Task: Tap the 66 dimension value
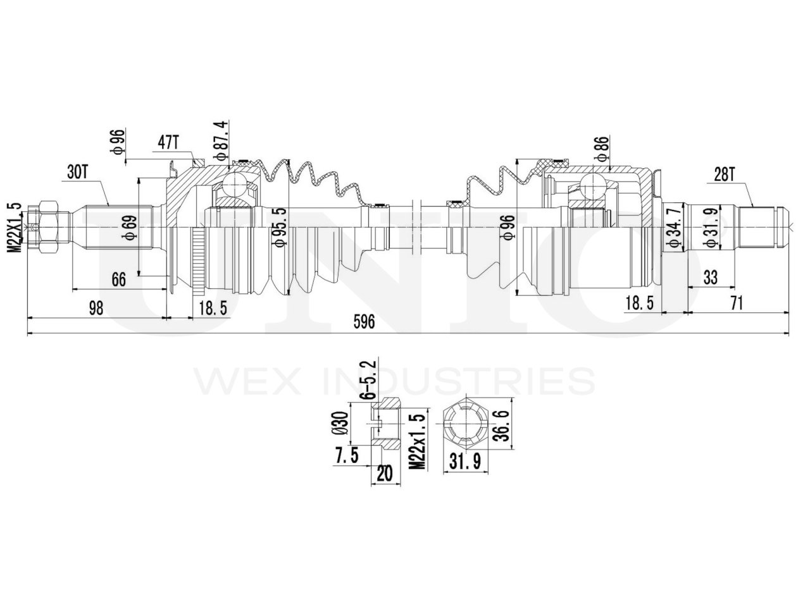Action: pyautogui.click(x=119, y=279)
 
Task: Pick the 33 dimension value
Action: pyautogui.click(x=710, y=278)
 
